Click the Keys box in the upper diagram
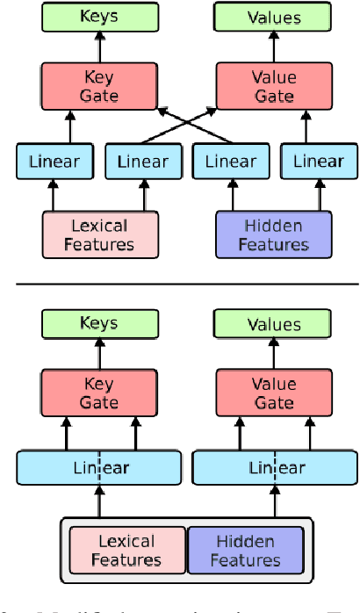pos(99,16)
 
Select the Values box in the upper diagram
pos(273,16)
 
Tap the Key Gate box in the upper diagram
pos(99,85)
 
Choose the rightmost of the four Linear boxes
pos(318,162)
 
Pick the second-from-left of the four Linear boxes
pos(142,162)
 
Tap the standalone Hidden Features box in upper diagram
pos(273,234)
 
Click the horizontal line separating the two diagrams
pos(180,284)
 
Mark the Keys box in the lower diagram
pos(99,324)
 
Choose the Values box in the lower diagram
pos(273,324)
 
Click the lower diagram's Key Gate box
pos(99,393)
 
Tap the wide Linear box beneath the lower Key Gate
pos(99,468)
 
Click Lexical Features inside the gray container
pos(127,551)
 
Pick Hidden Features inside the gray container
pos(245,551)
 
